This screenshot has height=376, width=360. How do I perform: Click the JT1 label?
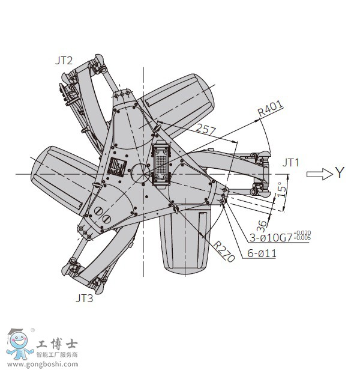(291, 162)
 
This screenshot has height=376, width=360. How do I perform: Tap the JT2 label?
(64, 60)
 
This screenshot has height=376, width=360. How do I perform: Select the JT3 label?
(85, 297)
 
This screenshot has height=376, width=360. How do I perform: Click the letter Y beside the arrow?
(340, 174)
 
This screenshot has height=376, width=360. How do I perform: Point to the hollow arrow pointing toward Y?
(319, 174)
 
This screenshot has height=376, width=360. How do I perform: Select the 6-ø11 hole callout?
(262, 253)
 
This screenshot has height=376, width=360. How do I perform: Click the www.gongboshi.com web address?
(43, 365)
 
